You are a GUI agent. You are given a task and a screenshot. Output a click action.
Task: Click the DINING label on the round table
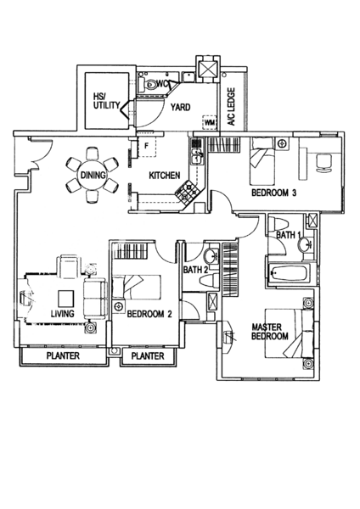tap(93, 176)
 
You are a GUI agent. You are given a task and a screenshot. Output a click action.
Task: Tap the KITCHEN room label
tap(165, 176)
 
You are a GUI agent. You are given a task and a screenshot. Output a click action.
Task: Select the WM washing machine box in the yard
tap(210, 122)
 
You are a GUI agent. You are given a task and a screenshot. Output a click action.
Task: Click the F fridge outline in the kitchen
tap(146, 146)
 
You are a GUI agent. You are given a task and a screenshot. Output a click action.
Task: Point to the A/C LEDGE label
tap(231, 107)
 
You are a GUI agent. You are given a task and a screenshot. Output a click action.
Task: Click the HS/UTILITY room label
tap(106, 101)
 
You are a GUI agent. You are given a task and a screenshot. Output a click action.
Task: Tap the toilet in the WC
tap(148, 84)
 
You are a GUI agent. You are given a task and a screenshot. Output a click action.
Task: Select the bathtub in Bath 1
tap(289, 274)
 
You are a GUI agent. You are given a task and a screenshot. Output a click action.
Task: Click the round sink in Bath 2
tap(211, 257)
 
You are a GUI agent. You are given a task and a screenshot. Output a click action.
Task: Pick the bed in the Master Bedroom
tap(290, 333)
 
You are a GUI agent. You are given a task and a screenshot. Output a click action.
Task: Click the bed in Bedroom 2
tap(137, 287)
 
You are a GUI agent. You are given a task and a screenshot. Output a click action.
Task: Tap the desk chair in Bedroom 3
tap(324, 162)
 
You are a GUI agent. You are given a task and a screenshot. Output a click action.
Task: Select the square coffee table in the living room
tap(66, 298)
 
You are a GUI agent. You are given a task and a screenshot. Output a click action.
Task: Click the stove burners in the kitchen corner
tap(188, 192)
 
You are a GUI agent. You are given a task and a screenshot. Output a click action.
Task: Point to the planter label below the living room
tap(63, 355)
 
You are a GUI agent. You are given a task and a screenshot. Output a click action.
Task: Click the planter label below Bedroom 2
tap(148, 356)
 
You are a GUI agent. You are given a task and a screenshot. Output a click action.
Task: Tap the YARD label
tap(181, 107)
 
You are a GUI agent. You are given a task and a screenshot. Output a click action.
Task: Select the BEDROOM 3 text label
tap(274, 193)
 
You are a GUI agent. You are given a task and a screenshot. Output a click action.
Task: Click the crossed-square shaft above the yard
tap(208, 69)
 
